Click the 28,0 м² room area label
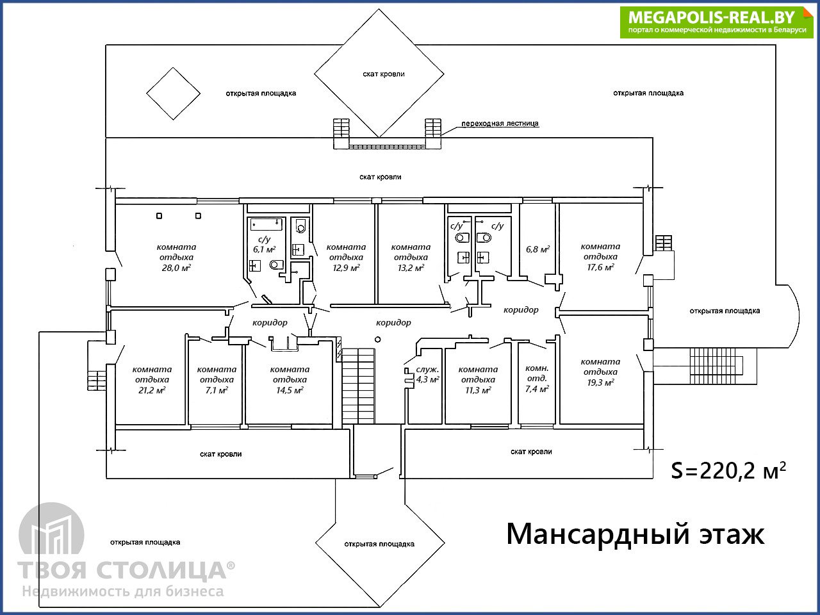pos(176,268)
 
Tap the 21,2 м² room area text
pos(152,390)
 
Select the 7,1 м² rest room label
pos(217,390)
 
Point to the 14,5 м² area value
pos(290,390)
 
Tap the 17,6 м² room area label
pos(600,267)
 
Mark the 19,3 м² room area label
pos(600,382)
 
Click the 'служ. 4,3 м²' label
pos(427,375)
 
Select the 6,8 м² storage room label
pos(537,249)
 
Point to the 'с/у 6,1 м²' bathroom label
pos(264,244)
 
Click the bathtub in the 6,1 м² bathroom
pos(266,224)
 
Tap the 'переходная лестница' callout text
pos(500,123)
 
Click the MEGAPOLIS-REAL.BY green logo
pos(716,22)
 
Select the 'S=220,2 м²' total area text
pos(728,471)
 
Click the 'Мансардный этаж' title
pos(635,535)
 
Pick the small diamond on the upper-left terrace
pos(174,94)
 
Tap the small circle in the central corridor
pos(378,340)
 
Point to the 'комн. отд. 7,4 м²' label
pos(537,379)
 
